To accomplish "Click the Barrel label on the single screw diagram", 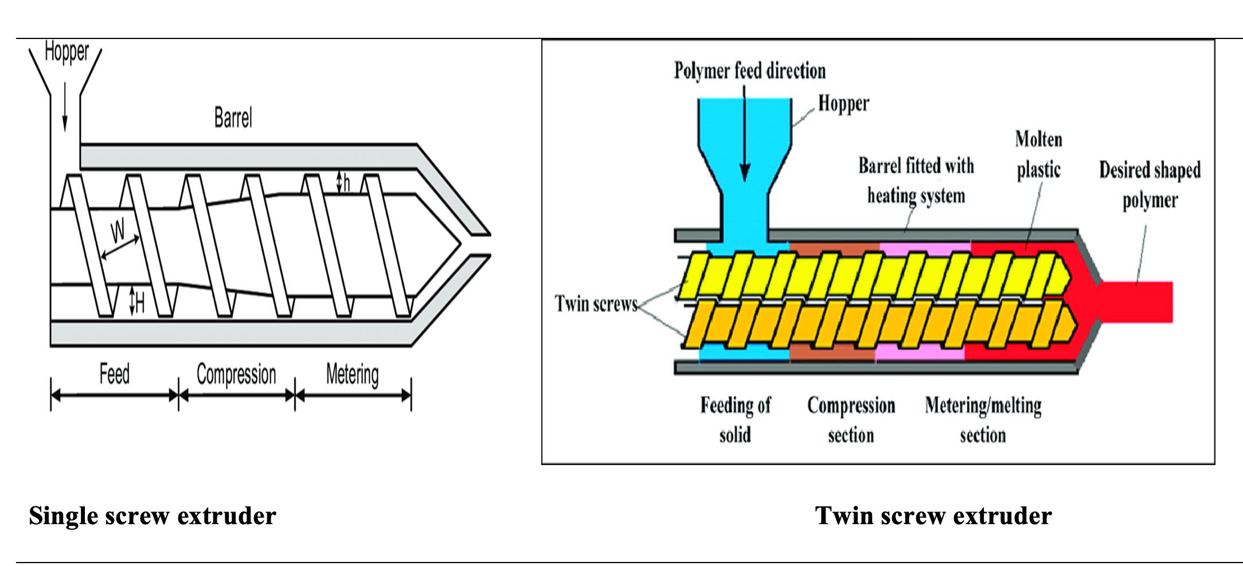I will [x=233, y=118].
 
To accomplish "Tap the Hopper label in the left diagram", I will [x=67, y=52].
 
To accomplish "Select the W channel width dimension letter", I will [x=118, y=231].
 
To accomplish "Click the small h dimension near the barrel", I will [x=346, y=183].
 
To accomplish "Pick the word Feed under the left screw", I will [x=114, y=374].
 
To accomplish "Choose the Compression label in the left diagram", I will [x=236, y=374].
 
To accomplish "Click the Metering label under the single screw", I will [x=352, y=374].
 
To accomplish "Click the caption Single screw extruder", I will [x=153, y=516].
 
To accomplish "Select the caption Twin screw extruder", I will [x=933, y=516].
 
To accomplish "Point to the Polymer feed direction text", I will [x=749, y=71].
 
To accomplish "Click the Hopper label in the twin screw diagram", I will [x=843, y=104].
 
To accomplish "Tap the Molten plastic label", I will [x=1038, y=154].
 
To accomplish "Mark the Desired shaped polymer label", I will [x=1150, y=185].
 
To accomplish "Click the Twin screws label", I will [x=596, y=303].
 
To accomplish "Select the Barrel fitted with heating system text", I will [x=916, y=181].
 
